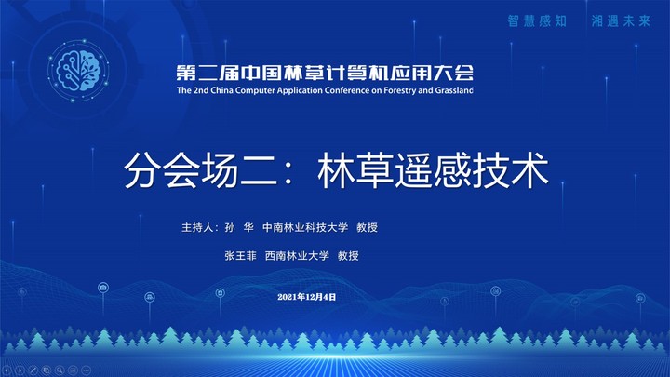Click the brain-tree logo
[x=78, y=70]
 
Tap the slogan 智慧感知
[x=537, y=20]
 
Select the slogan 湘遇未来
[x=621, y=20]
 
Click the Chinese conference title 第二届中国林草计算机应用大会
[x=325, y=74]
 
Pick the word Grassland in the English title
[x=454, y=90]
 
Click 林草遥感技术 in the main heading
[x=433, y=170]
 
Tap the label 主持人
[x=197, y=227]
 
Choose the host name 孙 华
[x=239, y=227]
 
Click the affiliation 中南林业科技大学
[x=305, y=227]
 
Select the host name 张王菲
[x=241, y=256]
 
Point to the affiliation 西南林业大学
[x=297, y=256]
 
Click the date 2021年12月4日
[x=307, y=297]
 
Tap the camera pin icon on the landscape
[x=103, y=288]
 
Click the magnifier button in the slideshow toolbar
[x=60, y=370]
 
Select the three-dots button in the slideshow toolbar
[x=86, y=370]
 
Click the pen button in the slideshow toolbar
[x=33, y=370]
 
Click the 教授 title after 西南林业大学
[x=348, y=256]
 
